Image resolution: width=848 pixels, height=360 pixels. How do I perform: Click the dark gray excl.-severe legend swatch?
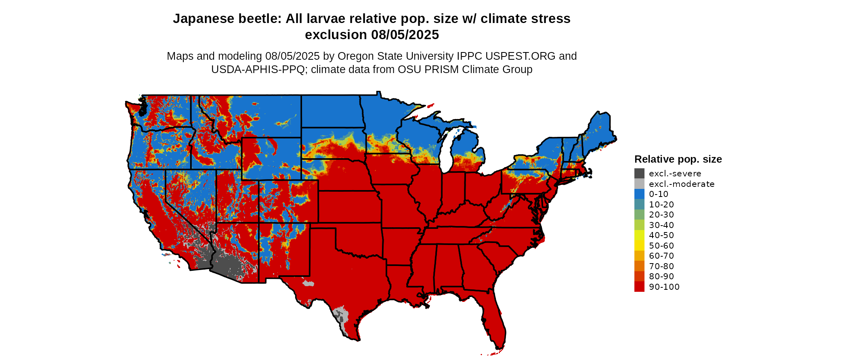[x=639, y=174]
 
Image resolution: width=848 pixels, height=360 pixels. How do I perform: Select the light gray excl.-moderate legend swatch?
[x=639, y=184]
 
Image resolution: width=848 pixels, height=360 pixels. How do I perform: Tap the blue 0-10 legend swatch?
[x=639, y=194]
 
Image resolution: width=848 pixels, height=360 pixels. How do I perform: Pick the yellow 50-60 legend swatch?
[x=639, y=245]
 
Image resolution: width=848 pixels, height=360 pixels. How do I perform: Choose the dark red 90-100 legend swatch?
[x=639, y=287]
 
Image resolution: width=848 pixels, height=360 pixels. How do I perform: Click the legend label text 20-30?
[x=661, y=215]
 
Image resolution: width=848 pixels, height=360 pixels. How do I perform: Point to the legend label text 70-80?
[x=661, y=266]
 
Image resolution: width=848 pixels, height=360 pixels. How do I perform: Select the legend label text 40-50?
[x=661, y=235]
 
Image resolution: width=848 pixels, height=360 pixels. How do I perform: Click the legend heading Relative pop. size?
[x=678, y=159]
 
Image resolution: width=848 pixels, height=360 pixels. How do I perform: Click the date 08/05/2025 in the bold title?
[x=405, y=35]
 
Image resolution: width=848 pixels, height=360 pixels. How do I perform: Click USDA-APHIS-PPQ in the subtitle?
[x=258, y=69]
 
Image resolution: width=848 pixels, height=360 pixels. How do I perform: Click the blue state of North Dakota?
[x=330, y=111]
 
